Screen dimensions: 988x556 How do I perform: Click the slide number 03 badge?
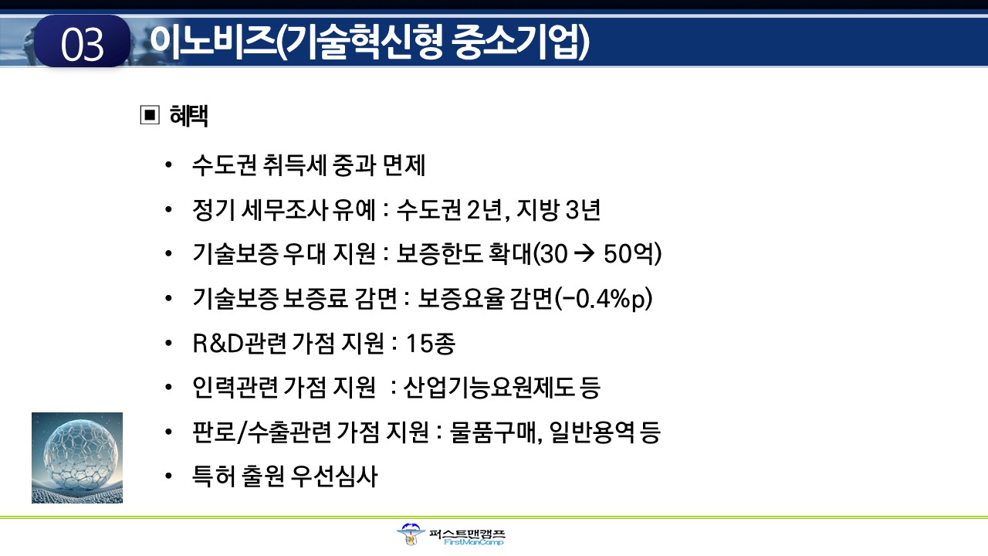(82, 41)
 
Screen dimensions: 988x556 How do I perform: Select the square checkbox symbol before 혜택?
(150, 115)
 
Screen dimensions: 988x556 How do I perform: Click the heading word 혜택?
(189, 116)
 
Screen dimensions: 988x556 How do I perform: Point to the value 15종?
(431, 344)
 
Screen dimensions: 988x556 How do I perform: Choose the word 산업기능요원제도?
(489, 388)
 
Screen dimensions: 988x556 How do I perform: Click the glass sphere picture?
(77, 458)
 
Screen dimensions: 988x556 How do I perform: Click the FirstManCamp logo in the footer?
(451, 535)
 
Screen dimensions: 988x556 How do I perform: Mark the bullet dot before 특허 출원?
(168, 476)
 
